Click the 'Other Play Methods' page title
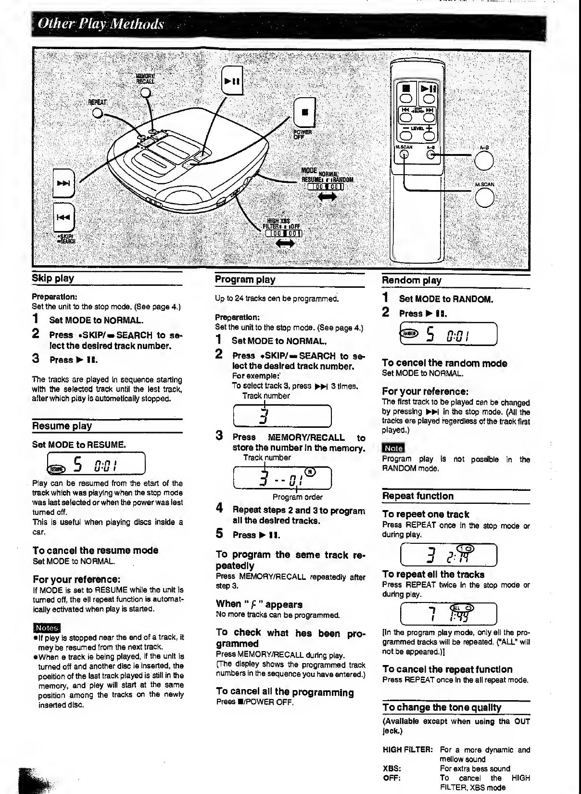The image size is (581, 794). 101,24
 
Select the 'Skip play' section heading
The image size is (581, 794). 53,278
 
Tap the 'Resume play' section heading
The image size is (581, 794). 62,426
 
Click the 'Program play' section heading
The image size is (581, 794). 245,280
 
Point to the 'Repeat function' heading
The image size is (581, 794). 418,496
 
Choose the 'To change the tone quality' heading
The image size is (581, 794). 442,707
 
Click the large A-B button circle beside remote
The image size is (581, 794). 484,161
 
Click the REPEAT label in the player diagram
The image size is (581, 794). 98,102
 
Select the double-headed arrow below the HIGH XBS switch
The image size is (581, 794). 285,244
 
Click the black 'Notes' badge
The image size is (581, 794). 46,628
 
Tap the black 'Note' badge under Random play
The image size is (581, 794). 393,448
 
